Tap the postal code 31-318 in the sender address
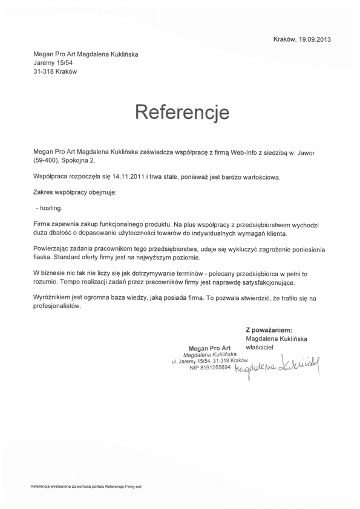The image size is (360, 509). pyautogui.click(x=45, y=71)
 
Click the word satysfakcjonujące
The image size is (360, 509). pyautogui.click(x=269, y=282)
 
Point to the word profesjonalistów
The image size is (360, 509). pyautogui.click(x=57, y=306)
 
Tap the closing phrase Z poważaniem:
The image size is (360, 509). pyautogui.click(x=269, y=329)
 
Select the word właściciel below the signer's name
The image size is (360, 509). pyautogui.click(x=260, y=347)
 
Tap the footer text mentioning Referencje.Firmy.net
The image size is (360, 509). pyautogui.click(x=86, y=487)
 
